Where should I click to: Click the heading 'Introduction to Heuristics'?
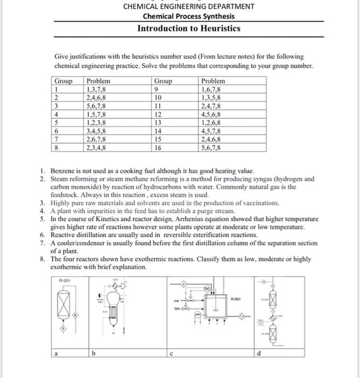[188, 28]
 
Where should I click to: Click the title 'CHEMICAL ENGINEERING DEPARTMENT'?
[188, 6]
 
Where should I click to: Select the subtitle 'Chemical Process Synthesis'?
[188, 16]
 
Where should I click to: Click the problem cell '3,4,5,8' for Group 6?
[97, 130]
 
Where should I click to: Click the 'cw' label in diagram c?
[175, 302]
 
